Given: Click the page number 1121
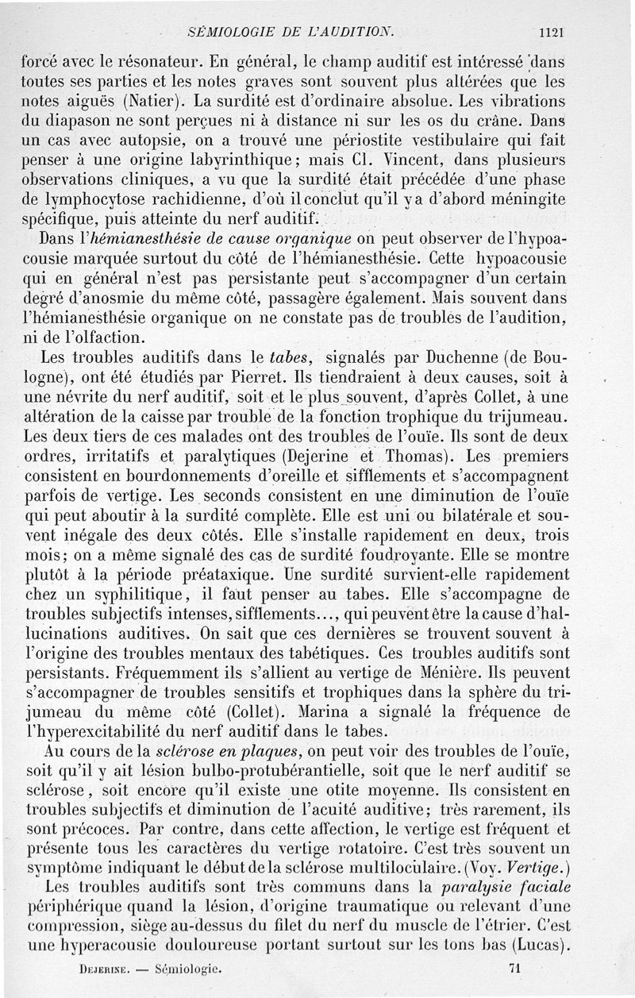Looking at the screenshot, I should (550, 33).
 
